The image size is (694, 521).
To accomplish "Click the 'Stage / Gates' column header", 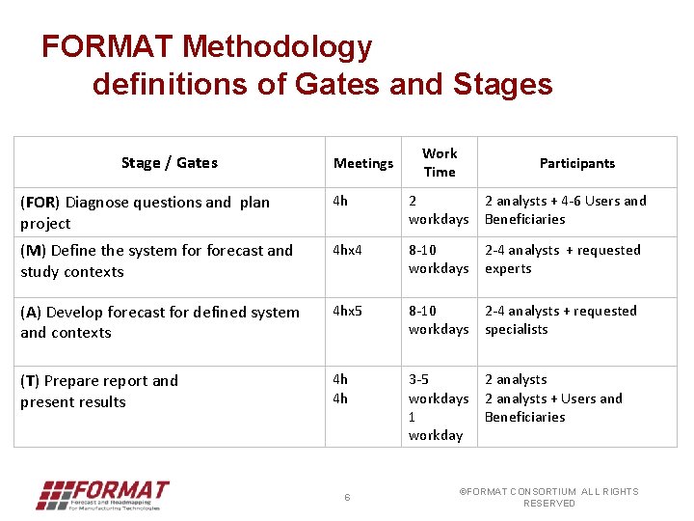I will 170,163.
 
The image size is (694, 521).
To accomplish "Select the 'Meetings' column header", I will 363,163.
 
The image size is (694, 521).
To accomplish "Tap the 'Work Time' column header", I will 440,162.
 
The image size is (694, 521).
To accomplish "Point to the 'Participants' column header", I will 576,163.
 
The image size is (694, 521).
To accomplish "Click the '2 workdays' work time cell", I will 438,210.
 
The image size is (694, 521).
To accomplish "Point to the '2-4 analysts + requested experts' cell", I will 562,259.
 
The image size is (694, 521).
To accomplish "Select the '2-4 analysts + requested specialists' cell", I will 560,319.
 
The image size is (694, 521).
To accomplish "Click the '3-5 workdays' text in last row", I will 438,389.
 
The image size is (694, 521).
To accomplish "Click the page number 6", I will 347,497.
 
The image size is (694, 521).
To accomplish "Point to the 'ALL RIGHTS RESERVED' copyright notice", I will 548,497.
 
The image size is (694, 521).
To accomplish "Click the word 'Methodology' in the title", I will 277,46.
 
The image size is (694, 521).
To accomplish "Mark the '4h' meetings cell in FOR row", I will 340,201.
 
